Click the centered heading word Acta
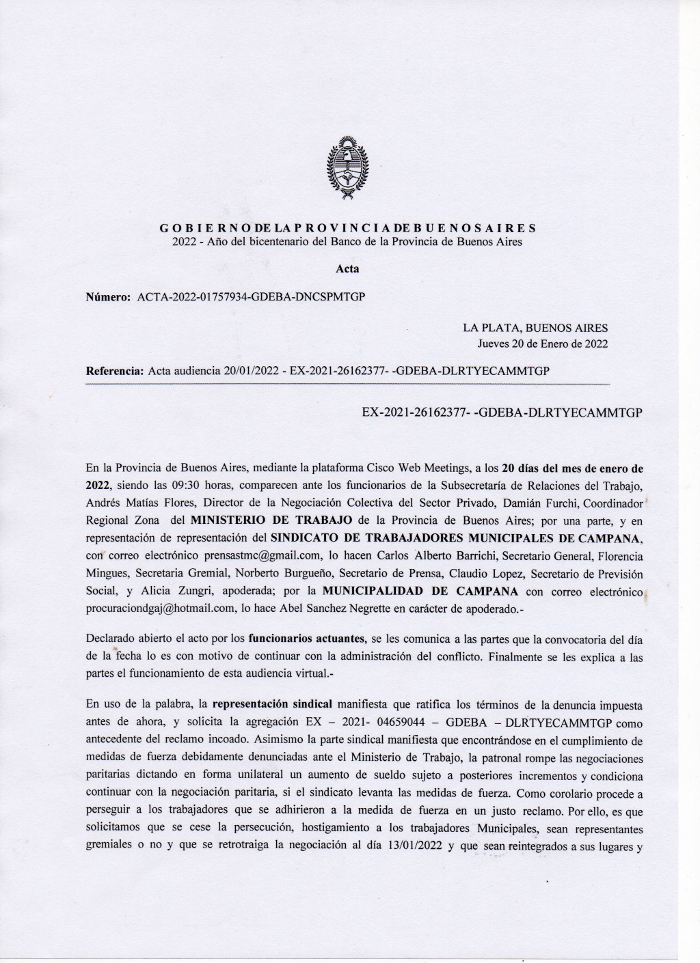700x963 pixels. (x=348, y=268)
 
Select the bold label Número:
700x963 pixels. (x=108, y=297)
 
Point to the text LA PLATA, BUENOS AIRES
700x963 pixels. (x=535, y=329)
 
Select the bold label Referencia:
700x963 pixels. (x=114, y=371)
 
